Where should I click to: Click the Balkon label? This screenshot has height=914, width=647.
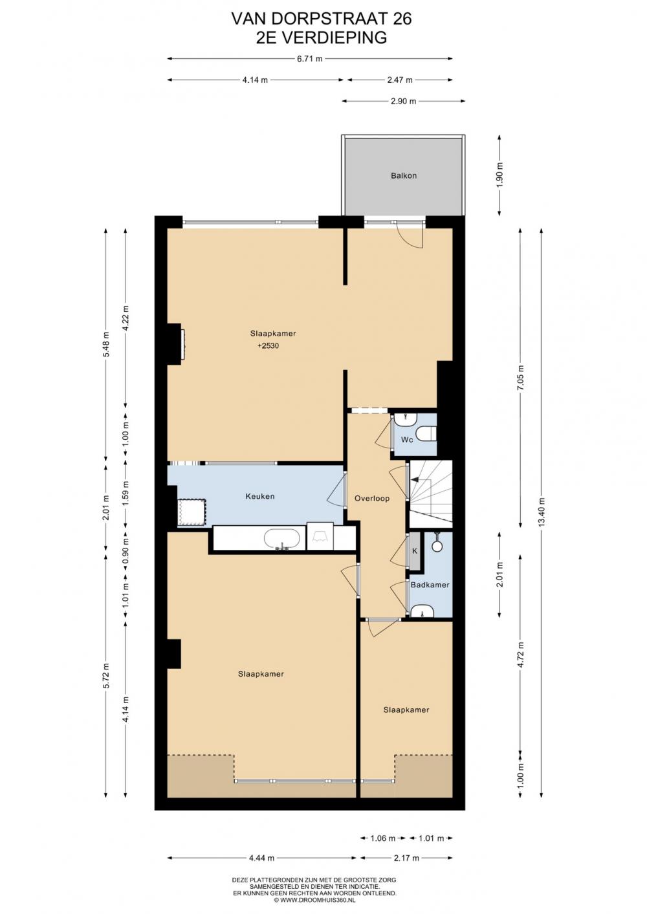(403, 176)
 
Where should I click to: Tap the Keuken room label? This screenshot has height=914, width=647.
(259, 496)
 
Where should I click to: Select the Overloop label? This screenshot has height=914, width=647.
(372, 498)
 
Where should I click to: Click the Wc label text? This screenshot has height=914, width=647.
(407, 439)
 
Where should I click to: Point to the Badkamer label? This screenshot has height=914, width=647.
(430, 585)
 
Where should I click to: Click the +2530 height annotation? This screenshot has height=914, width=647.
(268, 346)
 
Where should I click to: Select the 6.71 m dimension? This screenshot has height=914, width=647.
(309, 59)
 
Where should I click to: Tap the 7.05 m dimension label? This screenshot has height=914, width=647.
(520, 376)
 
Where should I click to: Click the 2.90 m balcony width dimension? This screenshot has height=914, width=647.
(403, 101)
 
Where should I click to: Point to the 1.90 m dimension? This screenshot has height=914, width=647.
(500, 175)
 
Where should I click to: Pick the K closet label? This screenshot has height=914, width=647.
(415, 551)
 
